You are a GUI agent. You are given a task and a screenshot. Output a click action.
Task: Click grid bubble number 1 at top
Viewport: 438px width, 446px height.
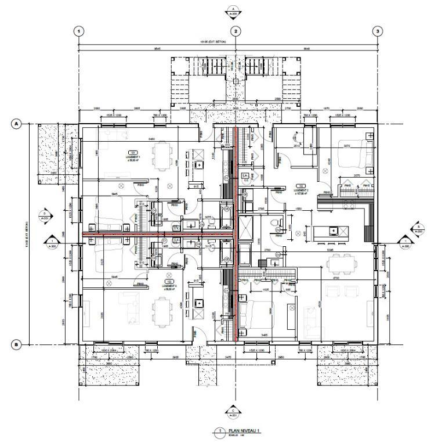tap(79, 31)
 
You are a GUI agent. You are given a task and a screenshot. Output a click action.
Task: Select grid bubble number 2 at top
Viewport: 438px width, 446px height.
tap(236, 31)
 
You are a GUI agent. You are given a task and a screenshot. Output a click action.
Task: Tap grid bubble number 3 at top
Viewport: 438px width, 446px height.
tap(377, 31)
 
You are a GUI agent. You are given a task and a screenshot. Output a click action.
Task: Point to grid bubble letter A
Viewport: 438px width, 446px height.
tap(17, 124)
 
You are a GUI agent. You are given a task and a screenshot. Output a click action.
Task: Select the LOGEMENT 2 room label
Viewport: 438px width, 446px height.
tap(301, 190)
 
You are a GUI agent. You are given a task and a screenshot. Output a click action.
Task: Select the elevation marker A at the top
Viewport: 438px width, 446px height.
tap(233, 11)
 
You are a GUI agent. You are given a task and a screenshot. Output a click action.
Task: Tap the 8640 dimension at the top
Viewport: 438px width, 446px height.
tap(306, 49)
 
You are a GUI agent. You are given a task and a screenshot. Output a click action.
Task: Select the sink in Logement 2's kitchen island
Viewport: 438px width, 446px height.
tap(333, 231)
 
